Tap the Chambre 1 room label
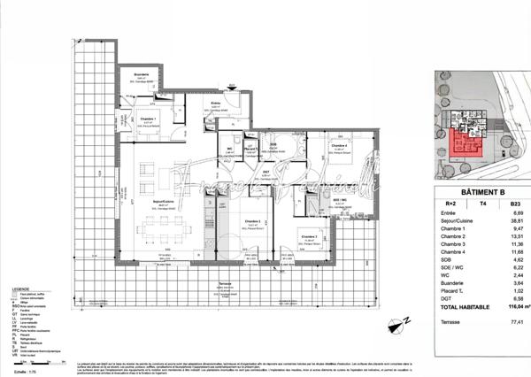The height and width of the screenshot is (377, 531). click(148, 119)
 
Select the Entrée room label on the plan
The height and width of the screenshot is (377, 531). click(216, 104)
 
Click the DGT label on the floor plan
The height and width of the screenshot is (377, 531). click(266, 173)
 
